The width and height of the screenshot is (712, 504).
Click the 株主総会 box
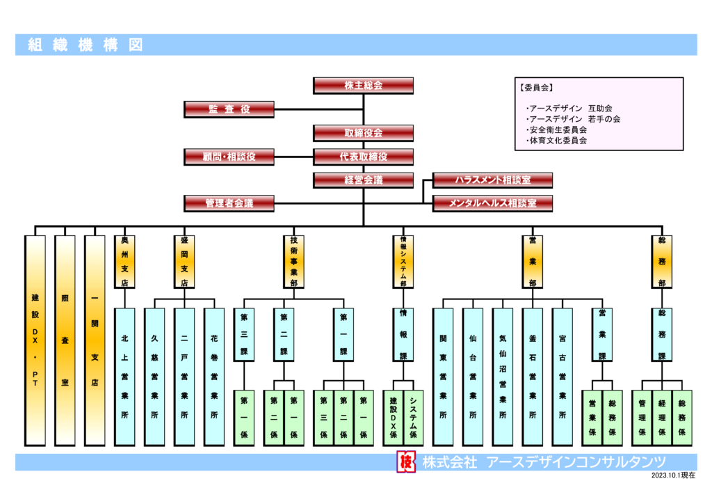[363, 86]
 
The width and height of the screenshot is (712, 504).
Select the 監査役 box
[229, 109]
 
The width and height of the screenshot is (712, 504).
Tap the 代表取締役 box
[363, 157]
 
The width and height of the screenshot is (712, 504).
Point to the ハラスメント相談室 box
[493, 180]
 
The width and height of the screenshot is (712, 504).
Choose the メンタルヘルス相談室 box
[493, 203]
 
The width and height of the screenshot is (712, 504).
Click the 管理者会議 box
[229, 203]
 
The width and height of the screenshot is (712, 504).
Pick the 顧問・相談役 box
[229, 157]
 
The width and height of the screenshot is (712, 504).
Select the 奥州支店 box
[125, 262]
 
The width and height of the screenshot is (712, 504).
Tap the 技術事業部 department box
[294, 262]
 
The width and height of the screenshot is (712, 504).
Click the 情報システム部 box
[403, 262]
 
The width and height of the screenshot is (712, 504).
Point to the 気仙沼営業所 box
[503, 377]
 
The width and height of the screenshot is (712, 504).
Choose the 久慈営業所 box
[154, 377]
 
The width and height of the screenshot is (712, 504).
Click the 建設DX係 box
[394, 418]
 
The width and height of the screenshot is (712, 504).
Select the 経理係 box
[662, 418]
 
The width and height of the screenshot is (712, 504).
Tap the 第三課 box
[244, 335]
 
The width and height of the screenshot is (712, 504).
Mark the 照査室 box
[65, 340]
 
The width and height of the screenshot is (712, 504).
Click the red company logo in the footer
[406, 462]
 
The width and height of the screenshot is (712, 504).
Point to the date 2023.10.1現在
[673, 475]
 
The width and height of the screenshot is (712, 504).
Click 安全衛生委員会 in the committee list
[558, 130]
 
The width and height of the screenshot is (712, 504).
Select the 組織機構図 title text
[86, 45]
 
